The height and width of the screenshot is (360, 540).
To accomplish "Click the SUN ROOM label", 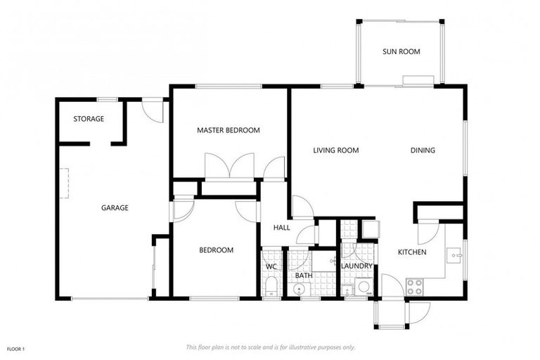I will click(x=401, y=51).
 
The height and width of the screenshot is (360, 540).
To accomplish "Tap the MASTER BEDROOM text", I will click(x=228, y=130).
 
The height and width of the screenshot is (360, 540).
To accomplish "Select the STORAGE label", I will click(x=89, y=119).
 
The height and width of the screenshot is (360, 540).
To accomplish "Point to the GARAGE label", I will click(x=115, y=207).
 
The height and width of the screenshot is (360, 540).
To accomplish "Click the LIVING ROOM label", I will click(x=336, y=150).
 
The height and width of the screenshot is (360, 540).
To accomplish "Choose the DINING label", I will click(x=423, y=150).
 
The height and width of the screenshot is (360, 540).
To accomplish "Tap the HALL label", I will click(x=281, y=227).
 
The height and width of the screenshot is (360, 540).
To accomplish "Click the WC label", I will click(x=271, y=267).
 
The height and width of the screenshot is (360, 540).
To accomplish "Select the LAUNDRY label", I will click(x=356, y=266).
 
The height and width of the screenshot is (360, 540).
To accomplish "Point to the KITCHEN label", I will click(x=412, y=252).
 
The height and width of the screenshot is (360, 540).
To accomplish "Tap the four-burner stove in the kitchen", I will click(x=414, y=287).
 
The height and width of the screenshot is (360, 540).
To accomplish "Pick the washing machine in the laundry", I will click(x=364, y=286).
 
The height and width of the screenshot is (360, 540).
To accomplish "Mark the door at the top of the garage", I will click(x=153, y=110).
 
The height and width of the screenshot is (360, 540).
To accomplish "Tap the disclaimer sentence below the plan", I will click(x=271, y=347).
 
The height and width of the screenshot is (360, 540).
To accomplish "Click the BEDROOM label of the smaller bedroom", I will click(x=216, y=250).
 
